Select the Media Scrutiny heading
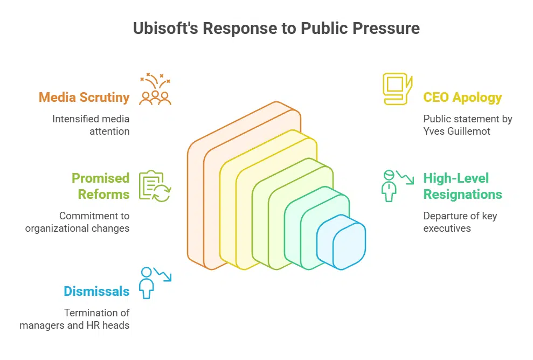pos(84,98)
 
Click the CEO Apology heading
pos(462,98)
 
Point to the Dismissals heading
pos(96,292)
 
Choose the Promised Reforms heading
pos(101,186)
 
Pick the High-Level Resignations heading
pos(462,186)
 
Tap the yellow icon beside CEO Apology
pos(397,88)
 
